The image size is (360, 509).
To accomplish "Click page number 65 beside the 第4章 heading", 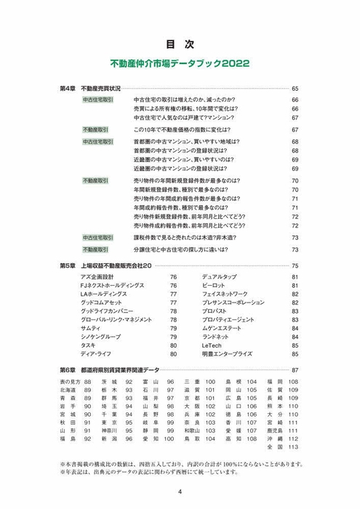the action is click(295, 87).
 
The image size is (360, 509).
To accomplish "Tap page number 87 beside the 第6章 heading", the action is click(295, 370).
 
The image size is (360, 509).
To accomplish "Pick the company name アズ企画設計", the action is click(98, 277).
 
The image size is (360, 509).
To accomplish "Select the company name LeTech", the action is click(212, 345).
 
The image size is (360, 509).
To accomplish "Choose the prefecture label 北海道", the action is click(68, 390).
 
